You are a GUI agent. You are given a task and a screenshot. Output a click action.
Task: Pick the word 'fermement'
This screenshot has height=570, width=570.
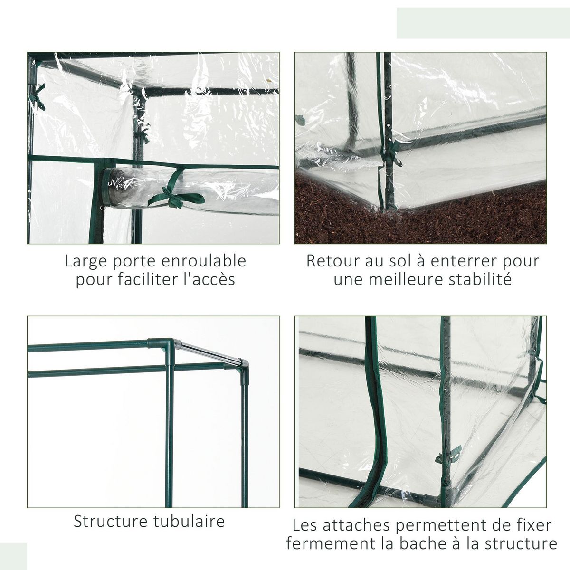[x=331, y=543]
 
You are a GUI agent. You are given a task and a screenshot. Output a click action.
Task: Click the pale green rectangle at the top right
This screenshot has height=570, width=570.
[x=483, y=23]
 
